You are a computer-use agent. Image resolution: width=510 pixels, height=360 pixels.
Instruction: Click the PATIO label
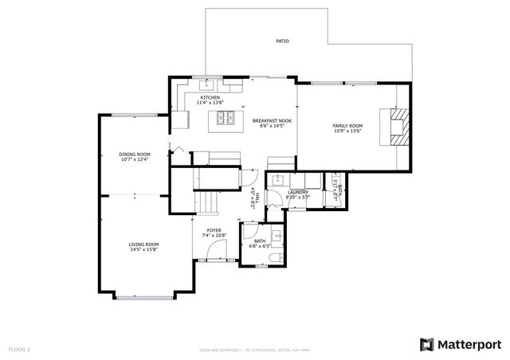click(x=282, y=40)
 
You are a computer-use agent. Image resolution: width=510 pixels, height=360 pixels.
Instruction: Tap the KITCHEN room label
click(x=198, y=98)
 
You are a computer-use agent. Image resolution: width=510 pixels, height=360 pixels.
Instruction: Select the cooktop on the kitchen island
click(x=223, y=120)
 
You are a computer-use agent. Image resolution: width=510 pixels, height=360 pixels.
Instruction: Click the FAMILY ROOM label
click(x=347, y=126)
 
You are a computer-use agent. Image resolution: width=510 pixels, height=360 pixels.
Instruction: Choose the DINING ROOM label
click(x=135, y=154)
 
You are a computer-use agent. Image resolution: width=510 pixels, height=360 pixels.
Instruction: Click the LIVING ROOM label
click(x=144, y=244)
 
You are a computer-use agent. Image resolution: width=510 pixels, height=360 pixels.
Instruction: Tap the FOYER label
click(x=214, y=230)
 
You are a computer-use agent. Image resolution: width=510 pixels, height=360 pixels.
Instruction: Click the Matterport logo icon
click(x=428, y=344)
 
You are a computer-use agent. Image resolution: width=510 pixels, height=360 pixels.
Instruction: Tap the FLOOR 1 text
click(x=18, y=349)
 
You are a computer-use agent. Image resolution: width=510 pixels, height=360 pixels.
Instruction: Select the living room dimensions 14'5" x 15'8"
click(x=144, y=249)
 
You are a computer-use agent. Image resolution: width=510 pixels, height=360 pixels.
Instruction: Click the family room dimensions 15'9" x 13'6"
click(x=347, y=131)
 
